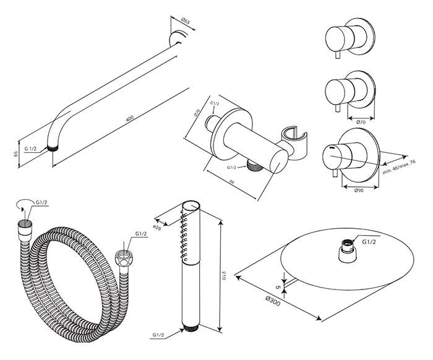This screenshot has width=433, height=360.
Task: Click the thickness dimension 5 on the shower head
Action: click(278, 286)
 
